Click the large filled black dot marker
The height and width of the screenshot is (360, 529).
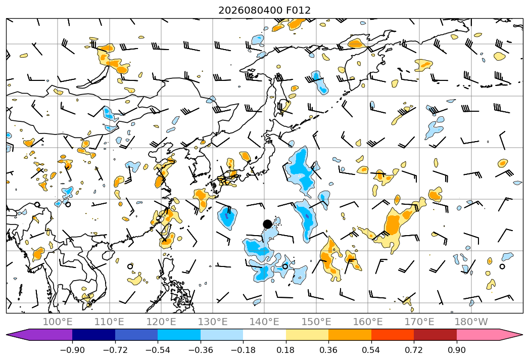click(x=267, y=224)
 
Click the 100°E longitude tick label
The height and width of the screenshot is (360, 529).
click(x=58, y=322)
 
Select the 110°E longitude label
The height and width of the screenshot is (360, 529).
click(x=109, y=322)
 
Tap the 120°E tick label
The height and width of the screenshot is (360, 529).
click(x=161, y=322)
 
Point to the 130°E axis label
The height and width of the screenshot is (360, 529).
click(x=213, y=322)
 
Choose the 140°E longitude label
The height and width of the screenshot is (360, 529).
click(x=264, y=322)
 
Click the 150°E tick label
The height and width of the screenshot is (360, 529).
click(x=316, y=322)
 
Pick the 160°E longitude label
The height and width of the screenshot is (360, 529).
click(x=368, y=322)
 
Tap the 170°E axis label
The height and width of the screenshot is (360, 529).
click(x=419, y=322)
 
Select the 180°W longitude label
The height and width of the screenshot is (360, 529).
click(x=471, y=322)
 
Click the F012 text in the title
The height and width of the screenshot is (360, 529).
click(x=298, y=10)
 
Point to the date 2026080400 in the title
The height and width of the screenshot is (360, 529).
click(x=250, y=10)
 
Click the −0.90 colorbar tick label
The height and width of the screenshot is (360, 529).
click(x=72, y=350)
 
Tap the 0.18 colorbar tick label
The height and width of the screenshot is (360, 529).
click(x=286, y=350)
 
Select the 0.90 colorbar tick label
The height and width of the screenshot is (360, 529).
click(x=456, y=350)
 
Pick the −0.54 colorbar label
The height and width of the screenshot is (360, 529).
click(x=158, y=350)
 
